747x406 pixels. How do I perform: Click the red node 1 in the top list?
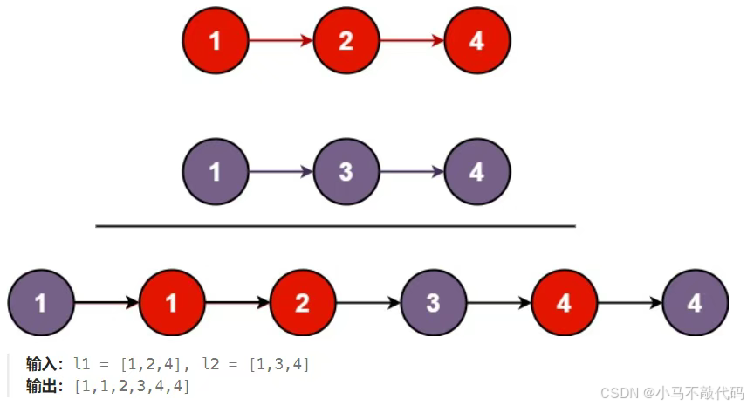pos(216,41)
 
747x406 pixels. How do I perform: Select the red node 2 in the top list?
pos(346,41)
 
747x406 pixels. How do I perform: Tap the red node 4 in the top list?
pos(476,41)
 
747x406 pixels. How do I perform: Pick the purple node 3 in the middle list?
pos(346,172)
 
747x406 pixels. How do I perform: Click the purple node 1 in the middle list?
pos(216,172)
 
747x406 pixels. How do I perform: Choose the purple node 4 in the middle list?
pos(476,172)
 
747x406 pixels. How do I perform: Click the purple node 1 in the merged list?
pos(41,303)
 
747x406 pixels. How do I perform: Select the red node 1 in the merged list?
pos(172,303)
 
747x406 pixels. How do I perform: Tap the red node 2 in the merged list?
pos(303,303)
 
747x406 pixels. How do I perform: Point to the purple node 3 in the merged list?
pos(434,303)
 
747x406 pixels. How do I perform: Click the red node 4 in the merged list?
pos(564,303)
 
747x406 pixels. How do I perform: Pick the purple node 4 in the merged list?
pos(695,303)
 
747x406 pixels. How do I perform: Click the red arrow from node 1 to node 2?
pos(280,41)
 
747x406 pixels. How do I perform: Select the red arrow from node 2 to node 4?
pos(411,41)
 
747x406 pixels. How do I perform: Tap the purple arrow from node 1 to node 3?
pos(280,172)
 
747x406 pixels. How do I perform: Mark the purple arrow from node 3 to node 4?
pos(411,172)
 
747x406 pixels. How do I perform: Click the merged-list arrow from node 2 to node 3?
pos(367,303)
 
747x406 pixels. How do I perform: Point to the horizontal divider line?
pos(335,226)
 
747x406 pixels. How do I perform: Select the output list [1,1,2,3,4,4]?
pos(132,385)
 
